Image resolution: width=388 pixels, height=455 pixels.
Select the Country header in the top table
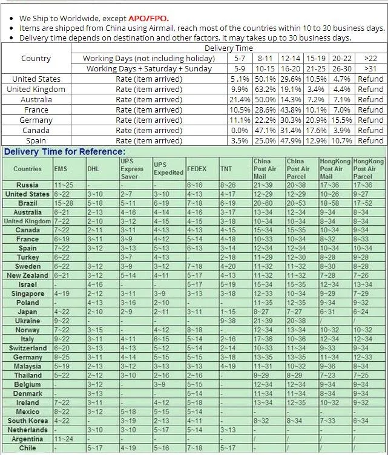[36, 59]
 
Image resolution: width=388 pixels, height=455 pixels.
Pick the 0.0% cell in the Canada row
[240, 130]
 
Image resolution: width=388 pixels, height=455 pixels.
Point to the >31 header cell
[370, 68]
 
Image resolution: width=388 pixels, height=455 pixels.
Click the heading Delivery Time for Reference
[65, 152]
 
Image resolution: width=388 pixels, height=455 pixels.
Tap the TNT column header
[226, 169]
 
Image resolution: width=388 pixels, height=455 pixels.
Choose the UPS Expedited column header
[168, 169]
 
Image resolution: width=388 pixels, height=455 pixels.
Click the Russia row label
[27, 185]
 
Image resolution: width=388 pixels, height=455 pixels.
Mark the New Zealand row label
[27, 275]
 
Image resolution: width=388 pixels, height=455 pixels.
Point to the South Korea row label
[28, 421]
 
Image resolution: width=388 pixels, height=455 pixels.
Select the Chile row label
[27, 448]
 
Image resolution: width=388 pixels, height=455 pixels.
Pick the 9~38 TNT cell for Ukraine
[228, 321]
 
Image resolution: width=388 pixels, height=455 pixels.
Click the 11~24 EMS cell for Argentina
[65, 439]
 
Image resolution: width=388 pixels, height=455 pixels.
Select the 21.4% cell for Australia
[240, 99]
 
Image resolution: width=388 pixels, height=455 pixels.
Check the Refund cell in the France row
[370, 110]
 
